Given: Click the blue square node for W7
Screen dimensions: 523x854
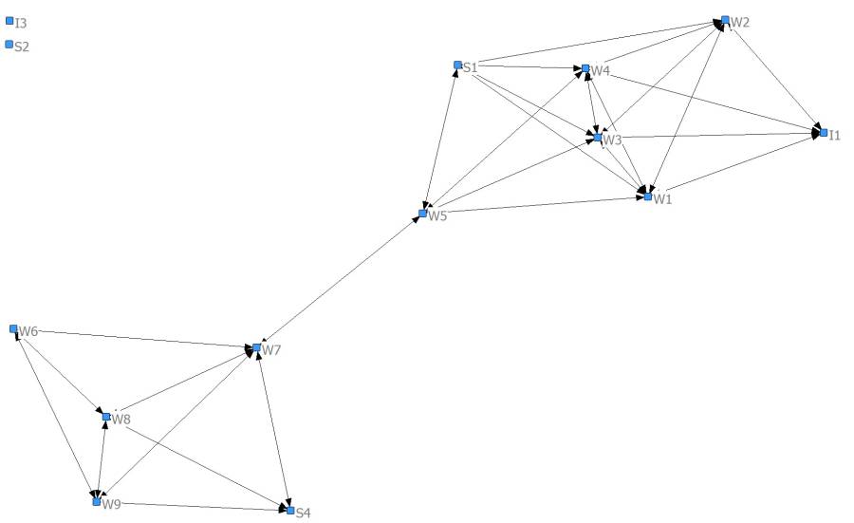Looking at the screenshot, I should [x=256, y=347].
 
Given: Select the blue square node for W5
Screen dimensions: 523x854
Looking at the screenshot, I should [x=423, y=214].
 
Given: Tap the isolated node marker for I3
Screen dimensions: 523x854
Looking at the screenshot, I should [x=9, y=20].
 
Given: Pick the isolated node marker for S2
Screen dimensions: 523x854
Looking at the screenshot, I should [x=9, y=44].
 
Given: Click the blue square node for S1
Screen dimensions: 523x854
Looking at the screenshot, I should [x=457, y=65].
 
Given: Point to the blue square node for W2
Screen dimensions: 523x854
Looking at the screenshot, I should [x=725, y=19].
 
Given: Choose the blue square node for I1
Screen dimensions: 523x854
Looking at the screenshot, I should [x=824, y=133].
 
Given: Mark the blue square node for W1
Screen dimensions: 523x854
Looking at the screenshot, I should [x=648, y=196].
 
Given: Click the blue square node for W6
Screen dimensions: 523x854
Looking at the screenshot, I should [x=13, y=328].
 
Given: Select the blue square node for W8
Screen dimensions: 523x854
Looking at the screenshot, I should [x=106, y=416].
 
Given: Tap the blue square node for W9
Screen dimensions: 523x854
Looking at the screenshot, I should [x=96, y=501].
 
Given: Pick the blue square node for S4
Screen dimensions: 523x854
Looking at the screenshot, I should [x=290, y=510].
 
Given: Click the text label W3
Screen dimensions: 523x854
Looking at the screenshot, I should [x=612, y=140].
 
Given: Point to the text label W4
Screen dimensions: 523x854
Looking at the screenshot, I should [x=602, y=71].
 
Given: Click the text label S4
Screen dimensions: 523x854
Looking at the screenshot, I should [x=304, y=513].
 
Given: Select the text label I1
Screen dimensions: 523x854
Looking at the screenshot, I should [x=835, y=137].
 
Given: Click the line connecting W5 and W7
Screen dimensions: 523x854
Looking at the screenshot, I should [x=340, y=281].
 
